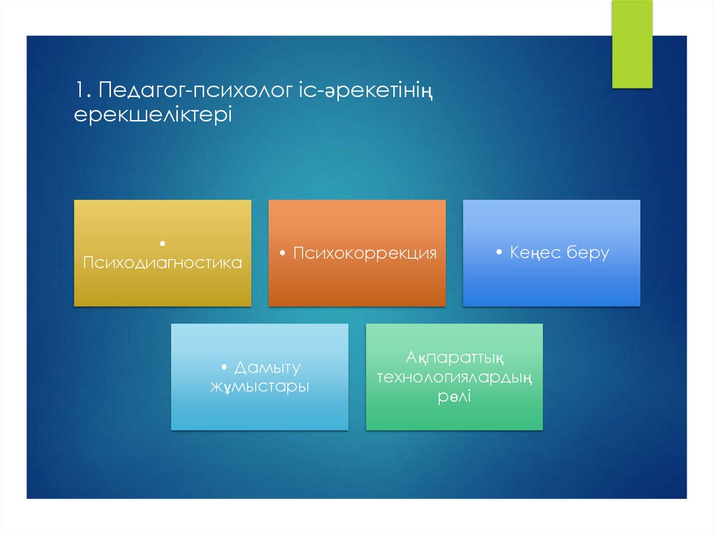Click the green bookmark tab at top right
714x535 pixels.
632,43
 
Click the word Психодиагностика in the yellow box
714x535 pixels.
162,263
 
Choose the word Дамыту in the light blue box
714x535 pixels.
267,368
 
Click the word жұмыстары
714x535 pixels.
259,386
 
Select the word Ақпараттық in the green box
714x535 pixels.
454,359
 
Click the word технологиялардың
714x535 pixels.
455,377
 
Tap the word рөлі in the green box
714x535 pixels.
454,396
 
